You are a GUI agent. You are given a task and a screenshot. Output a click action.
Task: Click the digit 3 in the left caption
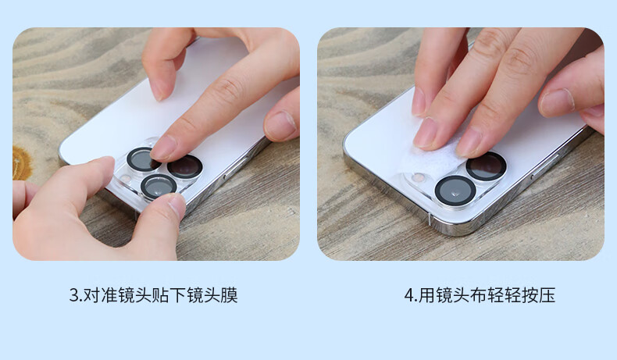(x=74, y=296)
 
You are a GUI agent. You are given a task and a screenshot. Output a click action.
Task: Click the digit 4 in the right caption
(x=409, y=296)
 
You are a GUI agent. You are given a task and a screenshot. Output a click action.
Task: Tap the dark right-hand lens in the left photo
(x=185, y=166)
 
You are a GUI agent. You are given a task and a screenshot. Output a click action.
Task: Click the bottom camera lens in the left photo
(x=159, y=187)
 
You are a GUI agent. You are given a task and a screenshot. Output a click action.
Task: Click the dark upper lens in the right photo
(x=487, y=166)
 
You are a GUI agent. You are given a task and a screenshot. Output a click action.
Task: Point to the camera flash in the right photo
(x=419, y=178)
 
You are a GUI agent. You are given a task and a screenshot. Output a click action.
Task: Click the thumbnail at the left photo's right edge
(x=280, y=124)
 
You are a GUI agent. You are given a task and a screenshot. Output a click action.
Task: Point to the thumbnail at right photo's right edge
(x=557, y=101)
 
